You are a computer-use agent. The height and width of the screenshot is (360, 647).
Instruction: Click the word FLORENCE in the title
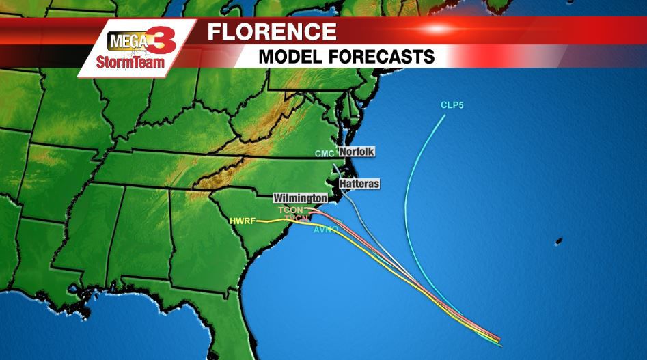tap(271, 32)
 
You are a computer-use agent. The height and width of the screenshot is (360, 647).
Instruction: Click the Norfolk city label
tap(357, 152)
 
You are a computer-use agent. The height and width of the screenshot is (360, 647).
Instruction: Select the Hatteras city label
tap(359, 184)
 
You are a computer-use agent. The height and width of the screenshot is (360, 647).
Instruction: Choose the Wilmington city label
tap(300, 197)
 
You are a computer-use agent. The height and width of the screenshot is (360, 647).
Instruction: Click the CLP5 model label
tap(452, 105)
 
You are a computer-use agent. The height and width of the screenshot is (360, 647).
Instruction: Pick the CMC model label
tap(324, 154)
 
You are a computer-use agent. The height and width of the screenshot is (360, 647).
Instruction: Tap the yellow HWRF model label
tap(243, 221)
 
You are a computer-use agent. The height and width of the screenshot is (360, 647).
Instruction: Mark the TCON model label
tap(291, 210)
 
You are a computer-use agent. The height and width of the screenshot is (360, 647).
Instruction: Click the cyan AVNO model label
tap(325, 230)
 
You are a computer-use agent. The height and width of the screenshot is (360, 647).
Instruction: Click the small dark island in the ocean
tap(558, 242)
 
